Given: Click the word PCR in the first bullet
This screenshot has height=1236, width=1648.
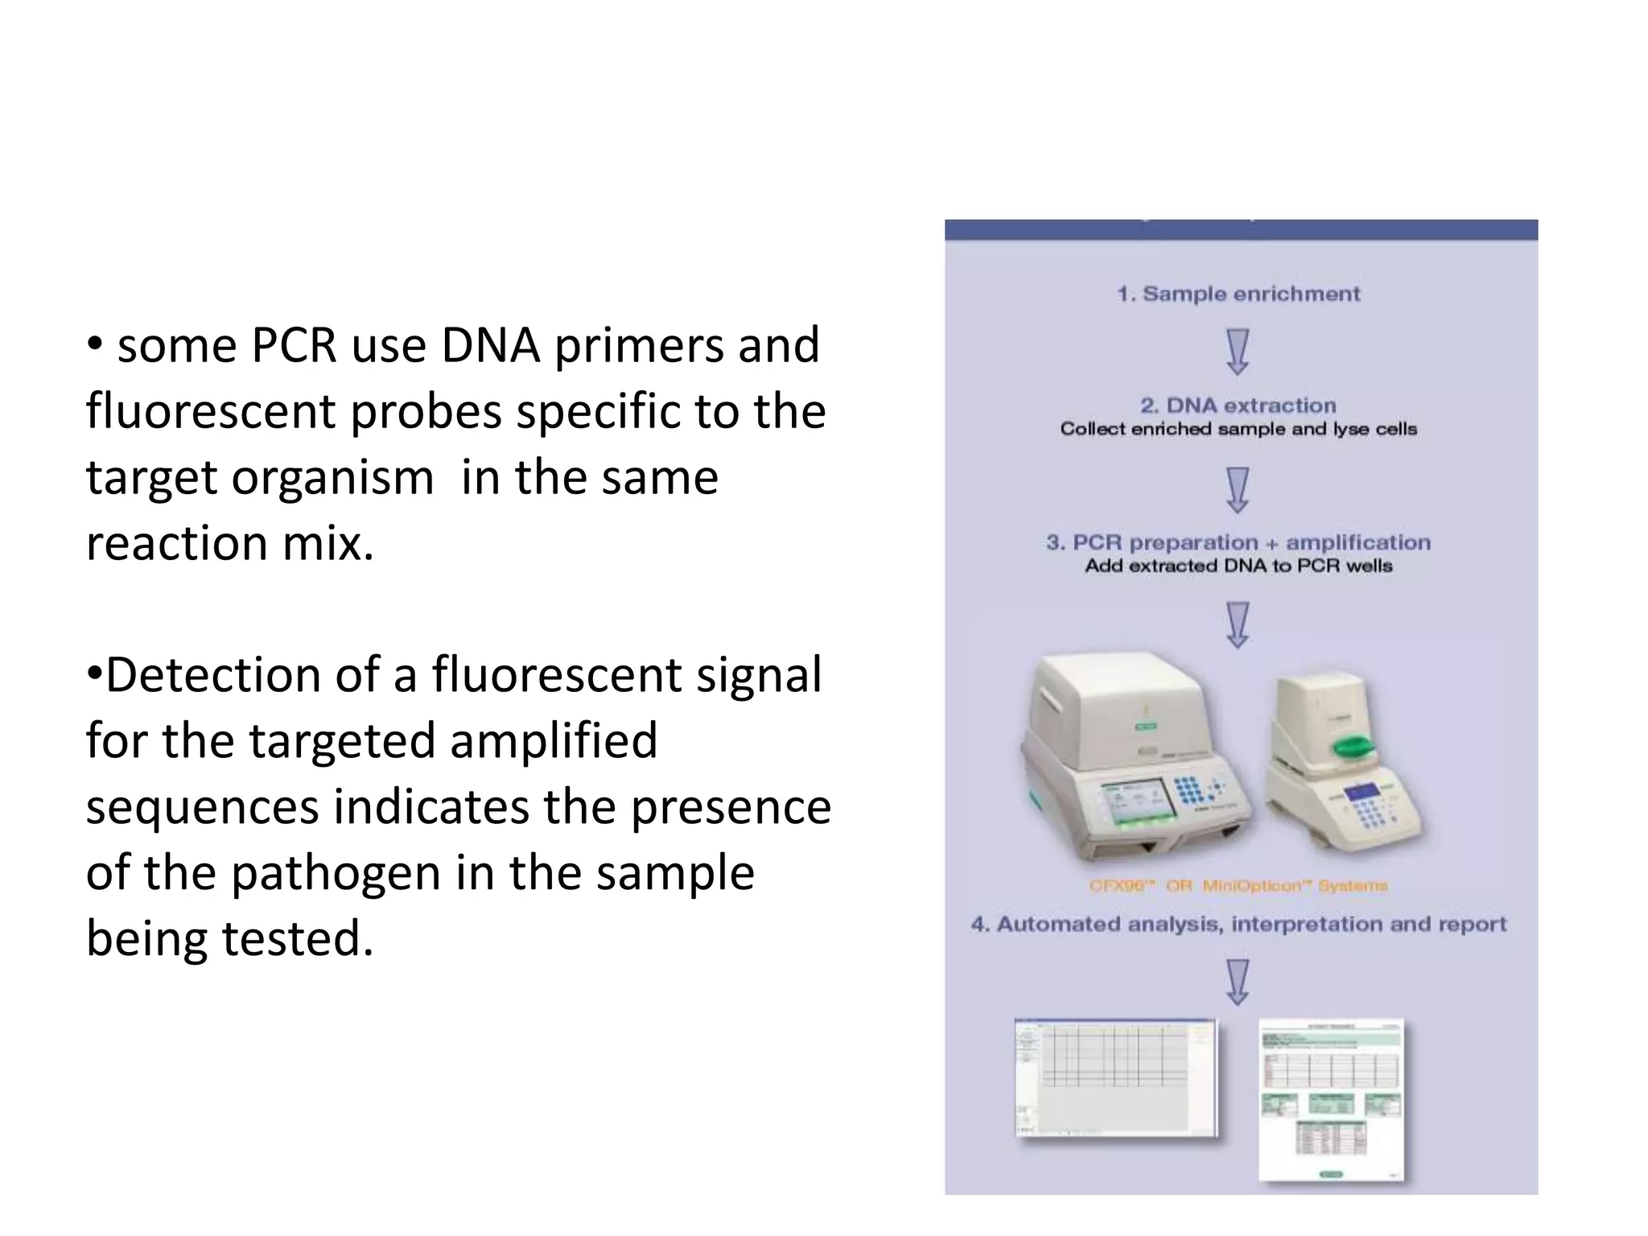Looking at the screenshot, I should [294, 346].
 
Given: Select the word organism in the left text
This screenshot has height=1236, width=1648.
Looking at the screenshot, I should [332, 477].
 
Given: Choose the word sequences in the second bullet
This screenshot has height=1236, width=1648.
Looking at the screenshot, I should [202, 807].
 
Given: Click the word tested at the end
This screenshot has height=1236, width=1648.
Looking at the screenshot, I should [297, 939].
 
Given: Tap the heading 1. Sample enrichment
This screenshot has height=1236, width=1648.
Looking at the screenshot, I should [1238, 295].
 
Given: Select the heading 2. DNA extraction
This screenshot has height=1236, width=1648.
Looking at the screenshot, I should [1238, 406].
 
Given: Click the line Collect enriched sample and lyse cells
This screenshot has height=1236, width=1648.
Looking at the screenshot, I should [1238, 429].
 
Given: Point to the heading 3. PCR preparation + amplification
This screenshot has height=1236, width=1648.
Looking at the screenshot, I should [1238, 543].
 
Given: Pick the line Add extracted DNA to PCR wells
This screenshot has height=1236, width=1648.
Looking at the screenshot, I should [1238, 566].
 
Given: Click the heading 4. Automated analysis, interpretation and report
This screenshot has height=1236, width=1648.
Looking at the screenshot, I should [1238, 925].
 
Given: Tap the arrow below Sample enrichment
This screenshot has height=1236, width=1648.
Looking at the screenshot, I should [1238, 352].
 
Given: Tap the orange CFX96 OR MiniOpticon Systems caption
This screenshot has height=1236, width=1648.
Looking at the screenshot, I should [1238, 886].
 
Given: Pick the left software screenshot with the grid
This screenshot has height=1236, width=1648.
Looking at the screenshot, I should [1115, 1077].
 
